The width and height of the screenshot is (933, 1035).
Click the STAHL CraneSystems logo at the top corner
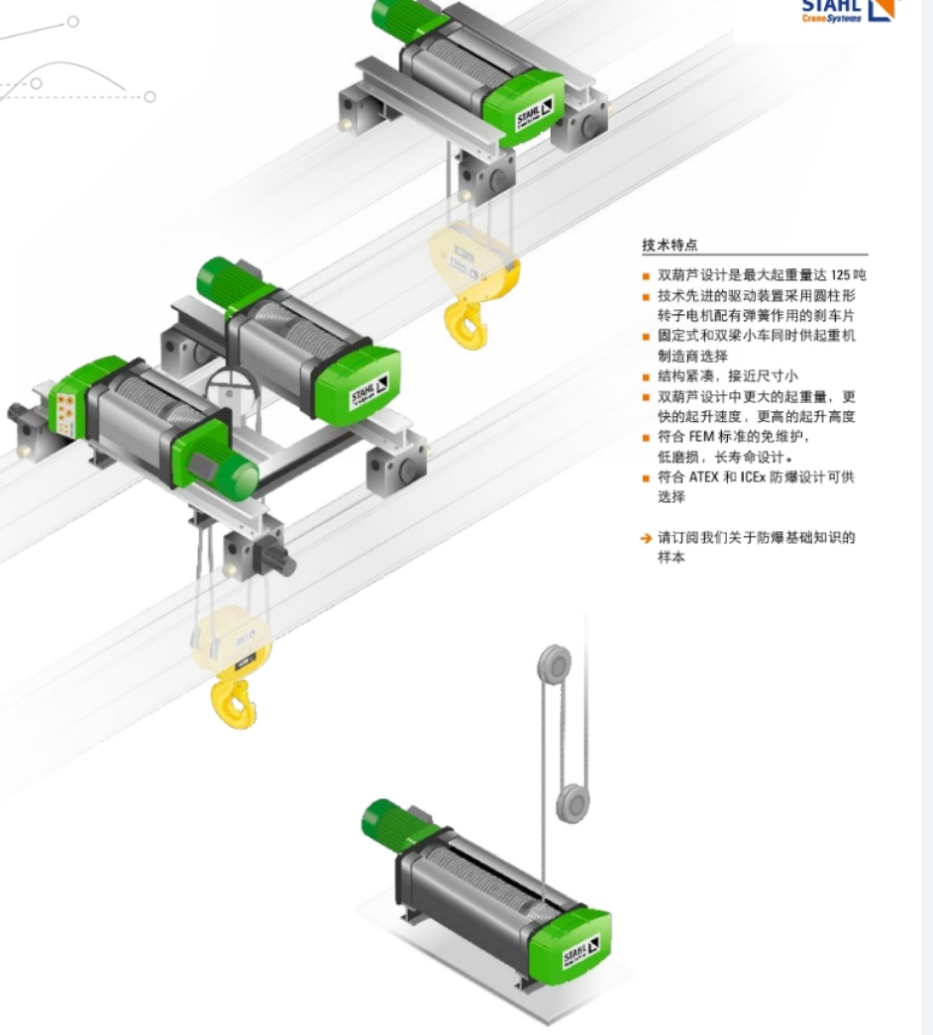(x=849, y=11)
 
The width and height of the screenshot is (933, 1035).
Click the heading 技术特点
(x=670, y=245)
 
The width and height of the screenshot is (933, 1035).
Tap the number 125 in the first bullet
(x=840, y=274)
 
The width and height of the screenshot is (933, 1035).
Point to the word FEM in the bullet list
(x=701, y=437)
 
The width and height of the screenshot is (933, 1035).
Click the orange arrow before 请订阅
(x=646, y=539)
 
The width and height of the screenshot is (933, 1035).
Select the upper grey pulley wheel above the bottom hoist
(x=555, y=666)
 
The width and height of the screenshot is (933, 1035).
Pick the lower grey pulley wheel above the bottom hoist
(x=572, y=803)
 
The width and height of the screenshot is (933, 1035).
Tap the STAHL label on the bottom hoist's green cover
(x=581, y=950)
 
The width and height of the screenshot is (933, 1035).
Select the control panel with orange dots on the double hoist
(x=65, y=415)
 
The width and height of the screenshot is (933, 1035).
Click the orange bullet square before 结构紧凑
(x=646, y=377)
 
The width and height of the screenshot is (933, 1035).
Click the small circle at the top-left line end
(x=72, y=22)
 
